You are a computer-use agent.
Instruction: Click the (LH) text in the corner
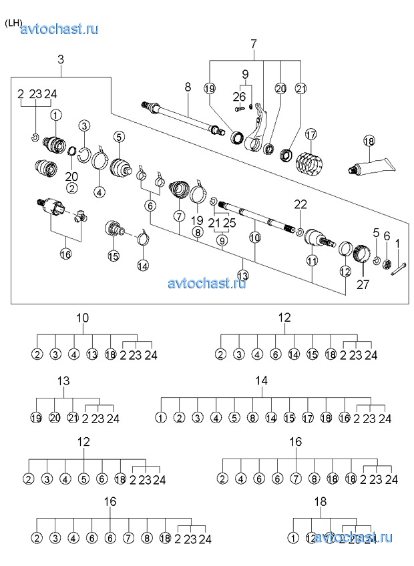point(13,23)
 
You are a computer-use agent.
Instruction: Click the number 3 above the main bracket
point(61,60)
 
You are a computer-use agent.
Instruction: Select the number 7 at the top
point(254,45)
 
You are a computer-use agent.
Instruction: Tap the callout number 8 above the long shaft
point(188,87)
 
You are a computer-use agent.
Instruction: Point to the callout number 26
point(239,97)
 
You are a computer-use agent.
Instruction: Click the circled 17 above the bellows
point(310,135)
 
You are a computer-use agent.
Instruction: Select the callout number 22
point(300,204)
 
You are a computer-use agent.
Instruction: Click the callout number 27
point(362,284)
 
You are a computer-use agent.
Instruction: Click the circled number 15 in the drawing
point(114,256)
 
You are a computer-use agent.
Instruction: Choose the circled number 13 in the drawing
point(242,275)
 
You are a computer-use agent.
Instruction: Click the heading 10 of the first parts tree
point(83,318)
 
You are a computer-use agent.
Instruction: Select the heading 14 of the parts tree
point(261,380)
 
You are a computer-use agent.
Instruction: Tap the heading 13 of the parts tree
point(63,381)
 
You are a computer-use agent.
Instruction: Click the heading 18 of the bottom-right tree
point(320,501)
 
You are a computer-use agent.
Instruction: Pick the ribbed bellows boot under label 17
point(309,161)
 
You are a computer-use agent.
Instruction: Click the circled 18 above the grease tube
point(370,141)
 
